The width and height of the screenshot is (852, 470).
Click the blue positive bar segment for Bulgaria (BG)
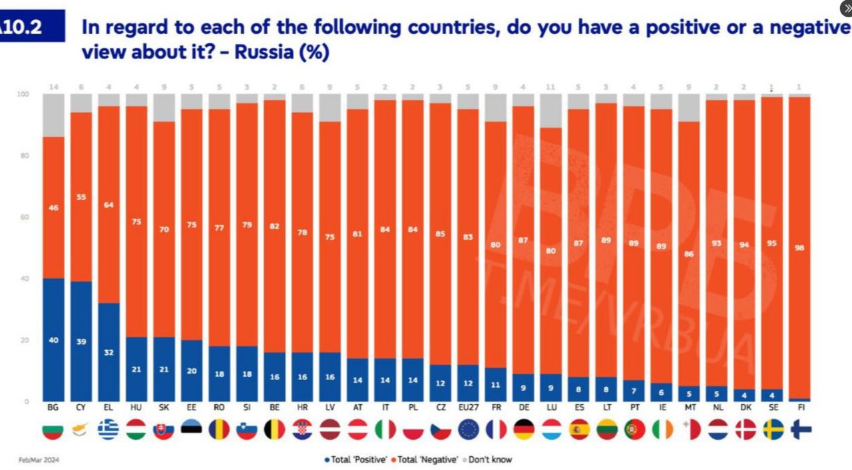point(53,340)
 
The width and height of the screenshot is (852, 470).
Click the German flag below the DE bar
point(523,429)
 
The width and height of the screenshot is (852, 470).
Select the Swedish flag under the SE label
point(773,429)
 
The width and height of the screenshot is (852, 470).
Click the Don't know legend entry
point(487,459)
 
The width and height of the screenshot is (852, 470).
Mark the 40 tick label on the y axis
point(25,279)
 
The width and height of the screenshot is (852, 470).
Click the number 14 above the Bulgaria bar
point(53,87)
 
